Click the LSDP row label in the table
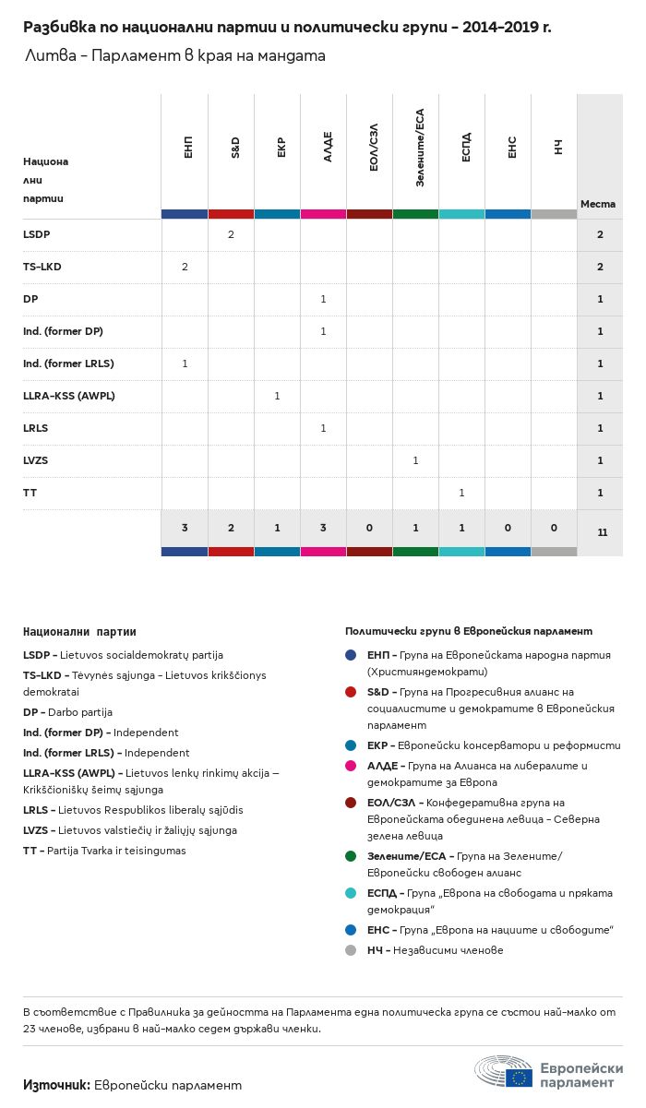click(x=37, y=234)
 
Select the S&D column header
click(x=235, y=148)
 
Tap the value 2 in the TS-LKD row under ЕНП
click(x=185, y=267)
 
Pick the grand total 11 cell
click(x=602, y=532)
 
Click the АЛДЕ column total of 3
click(x=323, y=528)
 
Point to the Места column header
click(x=598, y=204)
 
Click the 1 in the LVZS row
click(x=415, y=460)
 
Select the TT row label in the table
click(x=30, y=493)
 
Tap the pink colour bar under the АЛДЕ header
click(x=323, y=214)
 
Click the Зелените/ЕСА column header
click(x=420, y=148)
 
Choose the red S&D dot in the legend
click(x=351, y=692)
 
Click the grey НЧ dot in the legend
click(x=351, y=950)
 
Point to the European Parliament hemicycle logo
click(x=504, y=1071)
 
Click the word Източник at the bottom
click(x=56, y=1085)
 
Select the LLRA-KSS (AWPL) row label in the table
click(x=69, y=396)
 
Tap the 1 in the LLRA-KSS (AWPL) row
click(x=277, y=396)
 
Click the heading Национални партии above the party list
click(x=79, y=632)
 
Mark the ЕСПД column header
click(x=466, y=148)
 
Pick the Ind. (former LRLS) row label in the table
click(x=68, y=363)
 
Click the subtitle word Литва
click(x=51, y=55)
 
